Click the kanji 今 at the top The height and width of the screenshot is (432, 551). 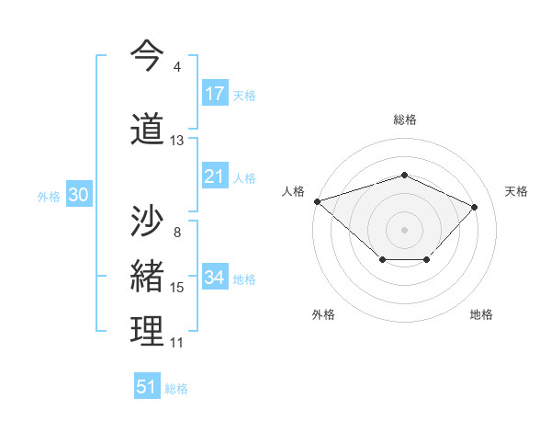pos(147,55)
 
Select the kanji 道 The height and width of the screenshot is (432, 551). pos(147,129)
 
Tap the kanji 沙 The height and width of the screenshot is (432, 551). pos(147,221)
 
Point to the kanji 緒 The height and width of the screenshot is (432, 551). pos(147,277)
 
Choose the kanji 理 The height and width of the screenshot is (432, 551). pos(147,331)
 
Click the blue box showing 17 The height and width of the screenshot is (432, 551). pos(215,94)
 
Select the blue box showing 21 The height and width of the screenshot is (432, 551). pos(215,177)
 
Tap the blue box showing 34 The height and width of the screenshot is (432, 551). pos(215,278)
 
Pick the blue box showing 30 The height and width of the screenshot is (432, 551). pos(77,196)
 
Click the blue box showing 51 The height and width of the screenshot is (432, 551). pos(147,387)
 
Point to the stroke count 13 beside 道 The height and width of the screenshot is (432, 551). pos(177,141)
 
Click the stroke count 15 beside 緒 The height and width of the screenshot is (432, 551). pos(177,288)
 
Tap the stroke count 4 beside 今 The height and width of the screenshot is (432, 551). pos(176,67)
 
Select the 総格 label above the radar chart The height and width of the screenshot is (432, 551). pos(405,119)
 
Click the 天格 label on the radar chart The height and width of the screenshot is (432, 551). pos(517,191)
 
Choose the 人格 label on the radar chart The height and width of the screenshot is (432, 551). pos(293,191)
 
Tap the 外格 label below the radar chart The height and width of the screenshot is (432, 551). pos(323,314)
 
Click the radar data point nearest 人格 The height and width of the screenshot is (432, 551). pos(317,201)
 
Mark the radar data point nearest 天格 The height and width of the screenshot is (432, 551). pos(474,207)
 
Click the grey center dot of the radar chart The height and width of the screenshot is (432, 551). pos(404,229)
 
